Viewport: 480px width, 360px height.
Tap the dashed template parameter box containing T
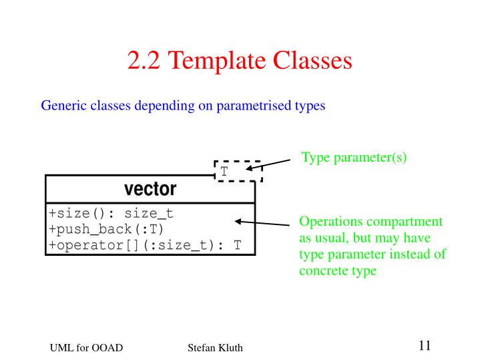click(237, 173)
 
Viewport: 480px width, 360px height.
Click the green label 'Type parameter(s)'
click(354, 158)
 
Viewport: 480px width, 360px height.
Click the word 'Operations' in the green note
click(328, 222)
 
